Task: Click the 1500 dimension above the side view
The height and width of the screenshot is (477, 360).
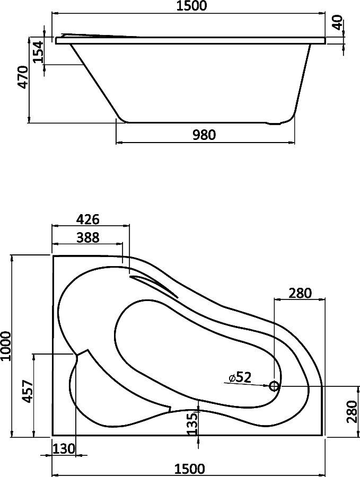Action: (191, 6)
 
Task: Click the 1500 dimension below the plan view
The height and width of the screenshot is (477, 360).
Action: (190, 469)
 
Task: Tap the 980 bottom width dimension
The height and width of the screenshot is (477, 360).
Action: (204, 135)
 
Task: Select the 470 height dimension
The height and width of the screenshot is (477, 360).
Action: (23, 77)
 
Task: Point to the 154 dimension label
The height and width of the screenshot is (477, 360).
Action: (39, 52)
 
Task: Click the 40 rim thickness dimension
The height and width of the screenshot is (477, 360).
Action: (338, 23)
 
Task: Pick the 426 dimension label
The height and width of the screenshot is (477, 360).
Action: (87, 219)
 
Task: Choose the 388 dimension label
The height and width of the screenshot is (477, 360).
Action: (87, 237)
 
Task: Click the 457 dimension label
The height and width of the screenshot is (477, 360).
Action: (28, 392)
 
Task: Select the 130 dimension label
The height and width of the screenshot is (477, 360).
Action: (64, 449)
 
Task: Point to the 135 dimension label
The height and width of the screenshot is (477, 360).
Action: (192, 424)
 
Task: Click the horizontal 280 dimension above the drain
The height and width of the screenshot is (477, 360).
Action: (301, 293)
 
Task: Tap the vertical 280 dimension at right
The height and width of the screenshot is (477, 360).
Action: (352, 412)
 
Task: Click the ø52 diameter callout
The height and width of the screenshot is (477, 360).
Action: (240, 377)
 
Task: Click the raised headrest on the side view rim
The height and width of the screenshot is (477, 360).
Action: (98, 36)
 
